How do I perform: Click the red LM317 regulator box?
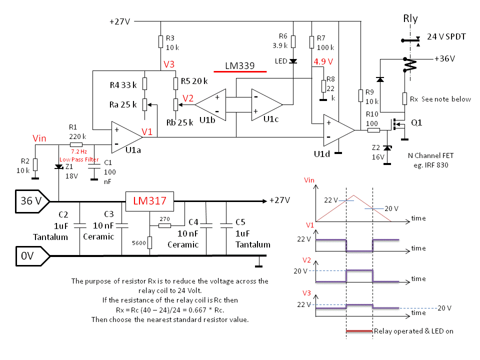149,201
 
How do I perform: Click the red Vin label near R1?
39,138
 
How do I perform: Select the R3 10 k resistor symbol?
160,41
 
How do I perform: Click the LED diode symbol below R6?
293,61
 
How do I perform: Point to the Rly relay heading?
410,19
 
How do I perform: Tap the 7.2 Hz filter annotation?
79,150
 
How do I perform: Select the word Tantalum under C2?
50,236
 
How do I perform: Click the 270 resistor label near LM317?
165,218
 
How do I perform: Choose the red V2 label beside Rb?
188,98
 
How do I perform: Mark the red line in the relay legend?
359,331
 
